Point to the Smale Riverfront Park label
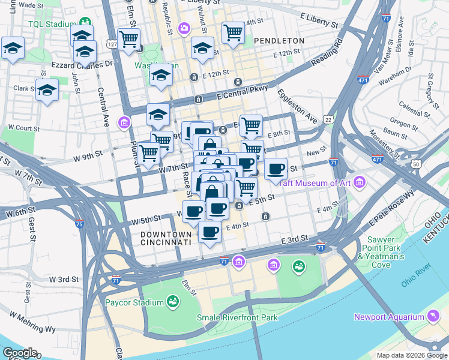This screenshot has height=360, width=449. pos(237,317)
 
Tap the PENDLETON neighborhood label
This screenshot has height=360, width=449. pos(279,40)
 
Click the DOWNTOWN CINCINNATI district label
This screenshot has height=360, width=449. pos(166,238)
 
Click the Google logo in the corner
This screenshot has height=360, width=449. pos(19,353)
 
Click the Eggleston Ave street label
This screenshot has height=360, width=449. pos(297,106)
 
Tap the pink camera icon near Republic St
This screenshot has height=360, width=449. pos(184,28)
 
